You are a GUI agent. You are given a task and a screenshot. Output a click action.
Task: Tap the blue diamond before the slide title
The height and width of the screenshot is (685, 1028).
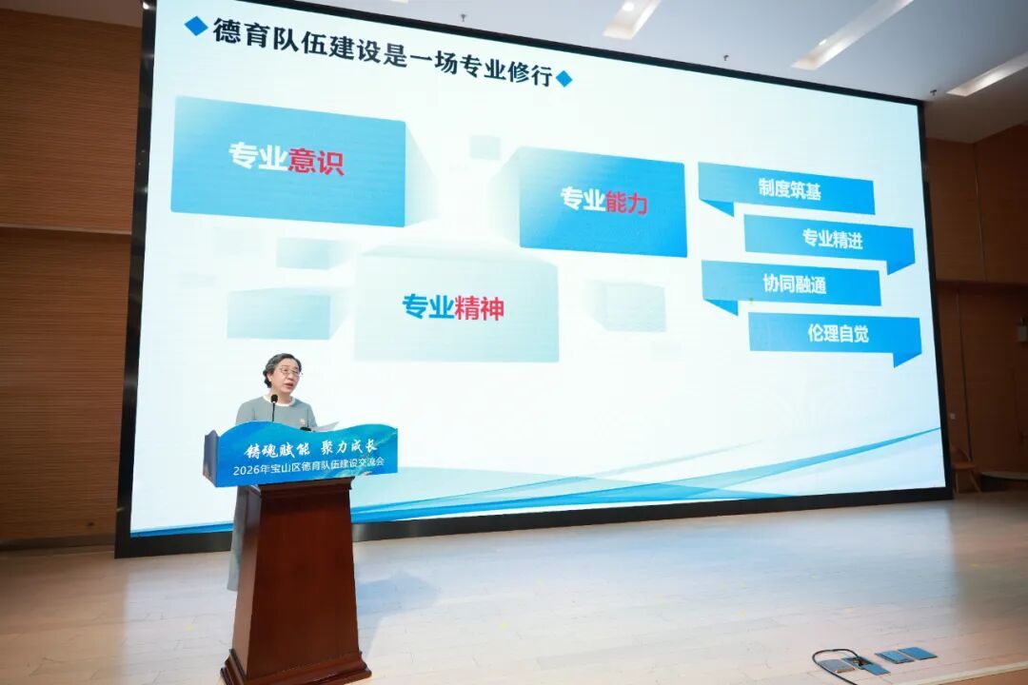(x=195, y=26)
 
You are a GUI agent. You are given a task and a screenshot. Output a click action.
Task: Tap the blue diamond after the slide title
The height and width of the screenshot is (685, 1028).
(x=563, y=79)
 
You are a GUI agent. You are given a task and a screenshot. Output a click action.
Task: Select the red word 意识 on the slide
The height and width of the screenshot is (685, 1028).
(x=316, y=159)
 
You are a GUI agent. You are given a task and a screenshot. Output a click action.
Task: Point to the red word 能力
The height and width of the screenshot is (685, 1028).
(x=626, y=202)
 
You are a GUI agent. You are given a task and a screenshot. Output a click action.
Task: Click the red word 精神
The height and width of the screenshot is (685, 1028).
(x=479, y=307)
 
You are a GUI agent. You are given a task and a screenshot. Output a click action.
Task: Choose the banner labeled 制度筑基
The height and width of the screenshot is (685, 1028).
(x=787, y=190)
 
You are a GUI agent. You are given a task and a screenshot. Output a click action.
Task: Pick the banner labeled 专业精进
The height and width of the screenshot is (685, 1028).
(x=829, y=241)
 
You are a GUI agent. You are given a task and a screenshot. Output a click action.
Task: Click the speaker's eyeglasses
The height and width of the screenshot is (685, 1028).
(x=289, y=372)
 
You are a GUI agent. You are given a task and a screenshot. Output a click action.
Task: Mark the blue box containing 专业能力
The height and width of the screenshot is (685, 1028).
(x=602, y=201)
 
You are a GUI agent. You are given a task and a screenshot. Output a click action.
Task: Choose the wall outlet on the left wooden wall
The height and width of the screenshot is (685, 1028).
(x=90, y=524)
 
